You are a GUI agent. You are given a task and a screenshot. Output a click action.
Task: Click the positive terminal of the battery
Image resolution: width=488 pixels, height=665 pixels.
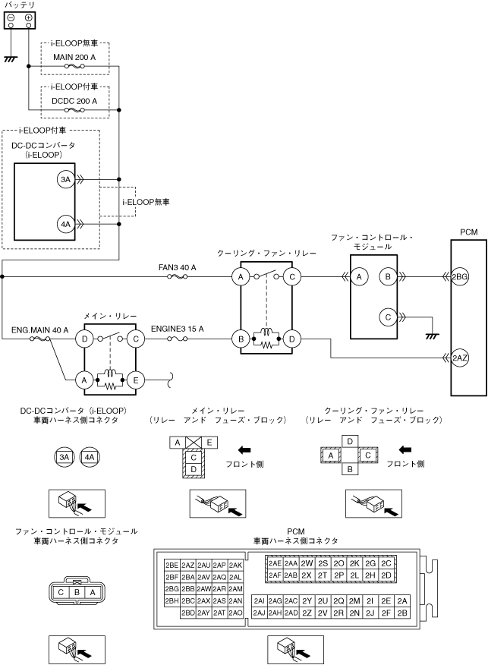pyautogui.click(x=28, y=17)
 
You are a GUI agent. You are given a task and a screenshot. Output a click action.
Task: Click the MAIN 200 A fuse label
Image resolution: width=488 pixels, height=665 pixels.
pyautogui.click(x=74, y=57)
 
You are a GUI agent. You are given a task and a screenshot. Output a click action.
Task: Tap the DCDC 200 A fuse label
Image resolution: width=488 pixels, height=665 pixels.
pyautogui.click(x=74, y=101)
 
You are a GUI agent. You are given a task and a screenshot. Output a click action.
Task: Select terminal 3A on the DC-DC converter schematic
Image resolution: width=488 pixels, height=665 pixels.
pyautogui.click(x=65, y=180)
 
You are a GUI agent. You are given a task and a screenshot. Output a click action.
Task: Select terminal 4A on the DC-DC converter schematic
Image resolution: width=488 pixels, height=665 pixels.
pyautogui.click(x=65, y=224)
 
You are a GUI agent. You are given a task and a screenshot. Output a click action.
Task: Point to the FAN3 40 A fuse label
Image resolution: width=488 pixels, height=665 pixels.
pyautogui.click(x=178, y=268)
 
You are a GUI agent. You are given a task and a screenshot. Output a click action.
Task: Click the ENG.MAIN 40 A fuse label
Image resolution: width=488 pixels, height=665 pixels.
pyautogui.click(x=40, y=330)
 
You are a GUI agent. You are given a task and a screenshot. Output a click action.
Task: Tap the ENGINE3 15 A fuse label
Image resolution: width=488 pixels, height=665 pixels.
pyautogui.click(x=178, y=329)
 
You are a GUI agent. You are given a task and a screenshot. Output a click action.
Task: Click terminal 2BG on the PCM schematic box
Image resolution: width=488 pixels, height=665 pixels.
pyautogui.click(x=460, y=277)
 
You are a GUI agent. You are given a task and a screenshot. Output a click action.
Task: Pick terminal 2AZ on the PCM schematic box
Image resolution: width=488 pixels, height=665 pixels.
pyautogui.click(x=460, y=358)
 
